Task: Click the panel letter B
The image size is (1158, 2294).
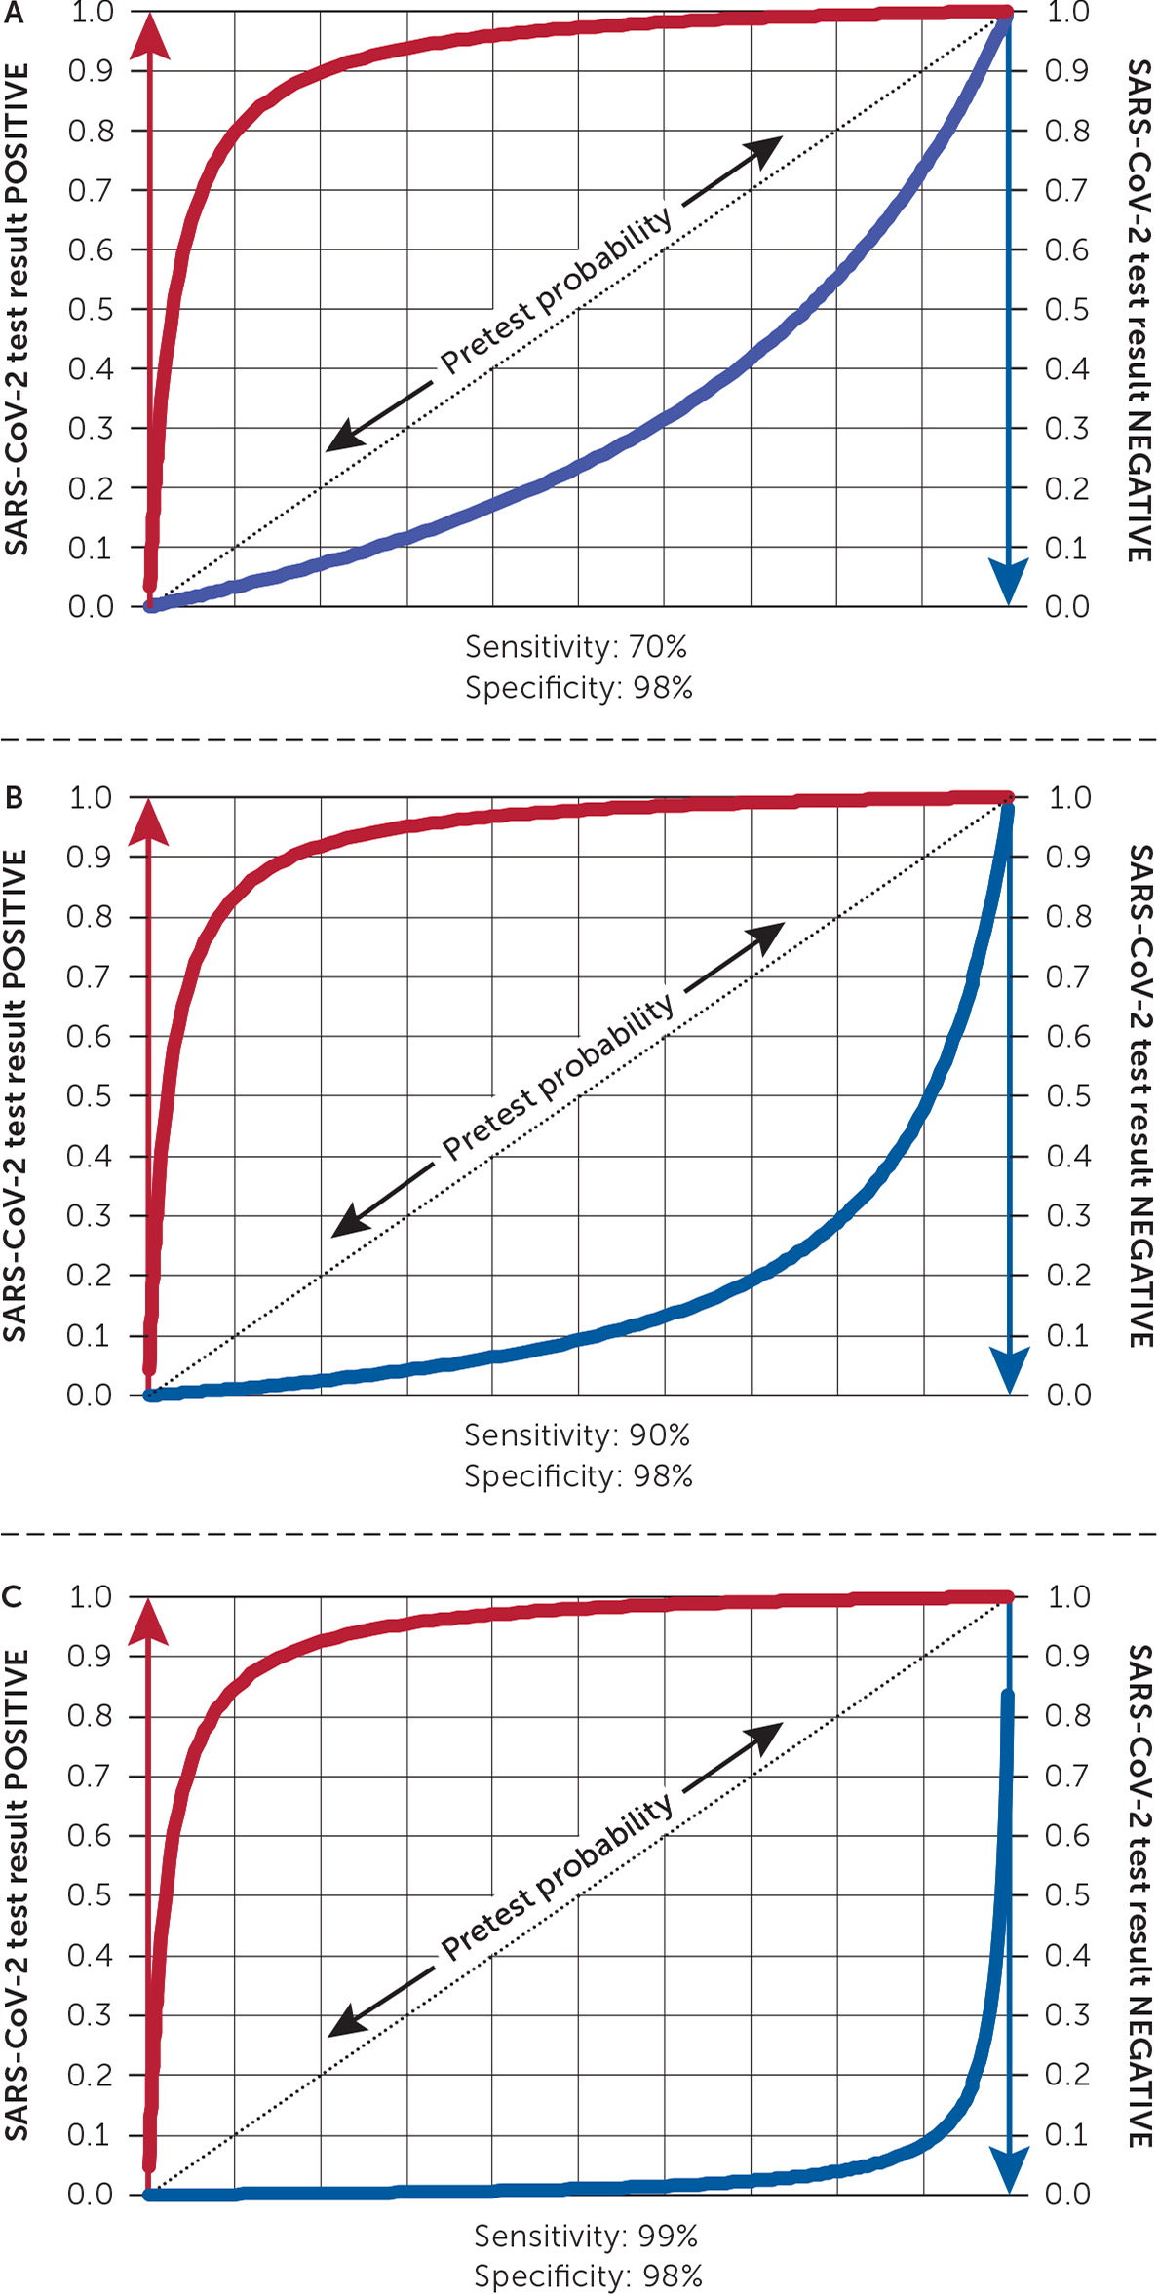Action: point(14,798)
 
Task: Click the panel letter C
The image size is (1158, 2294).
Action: point(14,1597)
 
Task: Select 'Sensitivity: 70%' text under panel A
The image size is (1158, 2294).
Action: point(576,646)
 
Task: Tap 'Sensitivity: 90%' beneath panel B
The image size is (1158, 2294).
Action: point(577,1434)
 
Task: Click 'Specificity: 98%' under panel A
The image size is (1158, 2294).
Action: point(579,688)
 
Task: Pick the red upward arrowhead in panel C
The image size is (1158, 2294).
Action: point(149,1624)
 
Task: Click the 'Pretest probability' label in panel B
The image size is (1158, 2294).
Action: point(559,1077)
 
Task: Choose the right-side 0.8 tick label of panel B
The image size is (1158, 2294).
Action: point(1068,917)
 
